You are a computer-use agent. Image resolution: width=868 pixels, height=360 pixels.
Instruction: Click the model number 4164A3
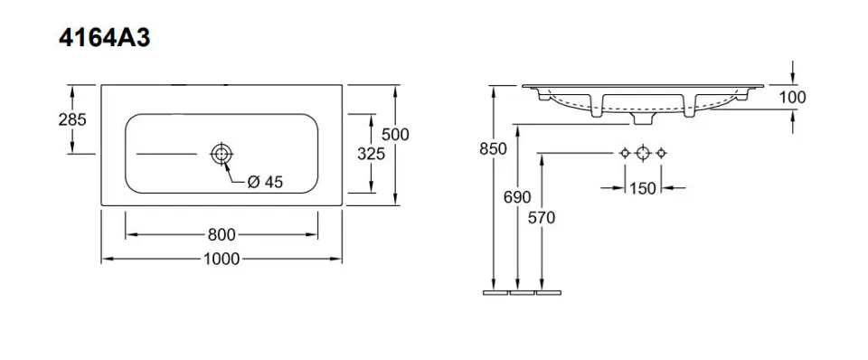104,39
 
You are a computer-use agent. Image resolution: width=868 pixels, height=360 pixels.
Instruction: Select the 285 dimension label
72,119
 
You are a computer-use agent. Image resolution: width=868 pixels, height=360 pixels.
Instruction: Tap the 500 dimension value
396,135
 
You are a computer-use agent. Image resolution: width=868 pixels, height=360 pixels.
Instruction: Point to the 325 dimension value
371,154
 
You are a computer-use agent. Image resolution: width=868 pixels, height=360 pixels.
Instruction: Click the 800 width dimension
222,235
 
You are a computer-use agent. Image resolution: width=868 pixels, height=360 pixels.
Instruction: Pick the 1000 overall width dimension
222,259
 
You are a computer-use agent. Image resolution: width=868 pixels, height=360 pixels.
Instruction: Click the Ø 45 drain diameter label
265,182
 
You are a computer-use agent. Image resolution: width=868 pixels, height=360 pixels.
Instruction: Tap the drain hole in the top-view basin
221,154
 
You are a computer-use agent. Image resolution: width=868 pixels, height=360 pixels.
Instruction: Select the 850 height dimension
494,149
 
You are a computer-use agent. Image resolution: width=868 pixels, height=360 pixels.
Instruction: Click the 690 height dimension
517,197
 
